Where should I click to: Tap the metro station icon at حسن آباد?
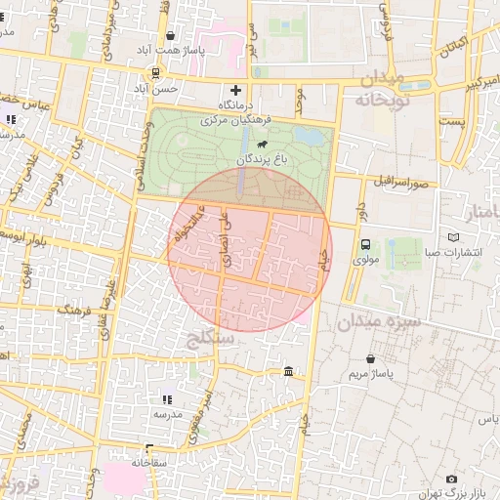point(156,73)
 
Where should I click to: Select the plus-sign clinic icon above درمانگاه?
point(234,90)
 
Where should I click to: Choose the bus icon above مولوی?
point(365,245)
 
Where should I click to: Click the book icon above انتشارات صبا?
point(452,237)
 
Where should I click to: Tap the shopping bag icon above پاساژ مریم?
point(371,358)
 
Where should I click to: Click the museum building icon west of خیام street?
point(289,372)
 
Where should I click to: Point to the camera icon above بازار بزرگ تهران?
point(451,479)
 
